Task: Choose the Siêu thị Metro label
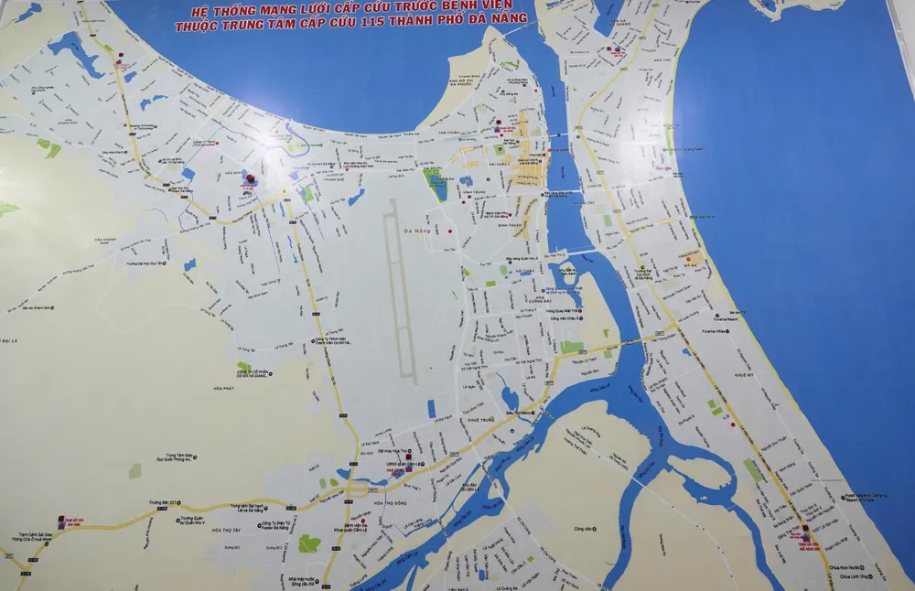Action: pyautogui.click(x=521, y=414)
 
